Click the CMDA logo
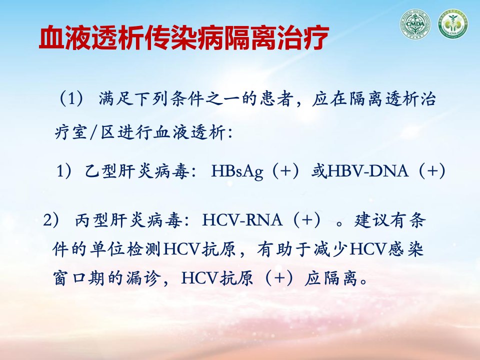point(415,24)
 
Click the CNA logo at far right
point(453,24)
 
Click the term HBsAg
point(237,171)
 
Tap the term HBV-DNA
point(368,171)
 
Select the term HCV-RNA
point(242,220)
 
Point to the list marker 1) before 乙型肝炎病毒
point(64,171)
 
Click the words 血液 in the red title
point(65,38)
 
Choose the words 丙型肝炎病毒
point(128,220)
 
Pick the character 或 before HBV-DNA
point(319,171)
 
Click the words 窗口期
point(79,278)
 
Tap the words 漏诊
point(143,278)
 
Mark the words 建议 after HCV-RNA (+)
point(372,220)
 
